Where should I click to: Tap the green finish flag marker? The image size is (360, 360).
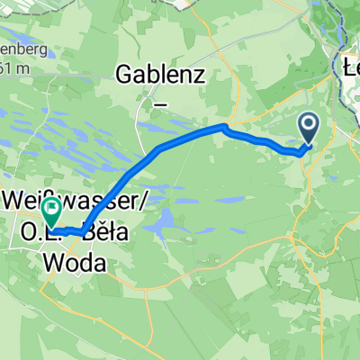tap(52, 211)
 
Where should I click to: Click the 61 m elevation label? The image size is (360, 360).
tap(11, 67)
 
